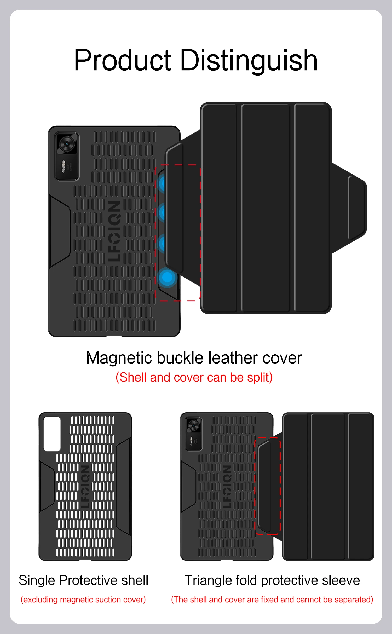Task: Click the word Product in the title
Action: [122, 61]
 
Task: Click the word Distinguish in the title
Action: [249, 61]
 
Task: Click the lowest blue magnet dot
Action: [167, 277]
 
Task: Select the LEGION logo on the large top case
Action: [114, 231]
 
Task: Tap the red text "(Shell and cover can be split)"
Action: [194, 377]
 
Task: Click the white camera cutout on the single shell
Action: [52, 434]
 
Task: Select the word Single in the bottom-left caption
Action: [37, 580]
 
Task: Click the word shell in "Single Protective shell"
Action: [135, 580]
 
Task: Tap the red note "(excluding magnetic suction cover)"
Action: [83, 600]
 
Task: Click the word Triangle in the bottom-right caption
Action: [208, 580]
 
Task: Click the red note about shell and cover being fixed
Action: [272, 600]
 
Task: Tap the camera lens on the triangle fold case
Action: [194, 426]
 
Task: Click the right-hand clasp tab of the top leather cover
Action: [357, 208]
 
